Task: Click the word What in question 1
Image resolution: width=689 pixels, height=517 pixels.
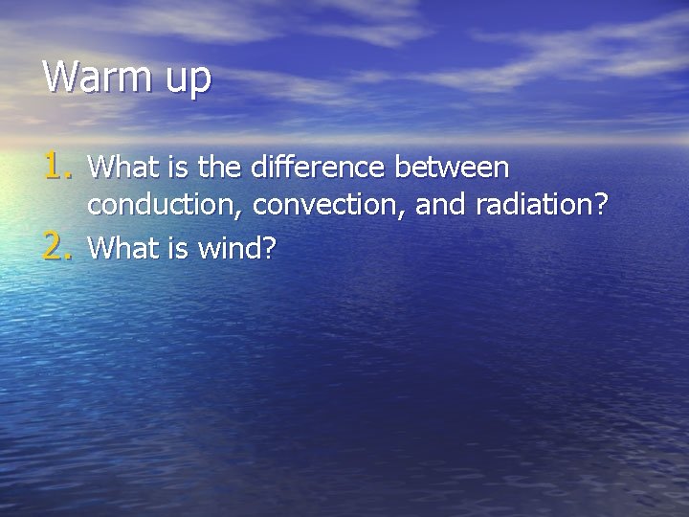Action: pos(116,168)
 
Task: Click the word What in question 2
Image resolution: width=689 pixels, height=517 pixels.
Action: pos(116,249)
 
